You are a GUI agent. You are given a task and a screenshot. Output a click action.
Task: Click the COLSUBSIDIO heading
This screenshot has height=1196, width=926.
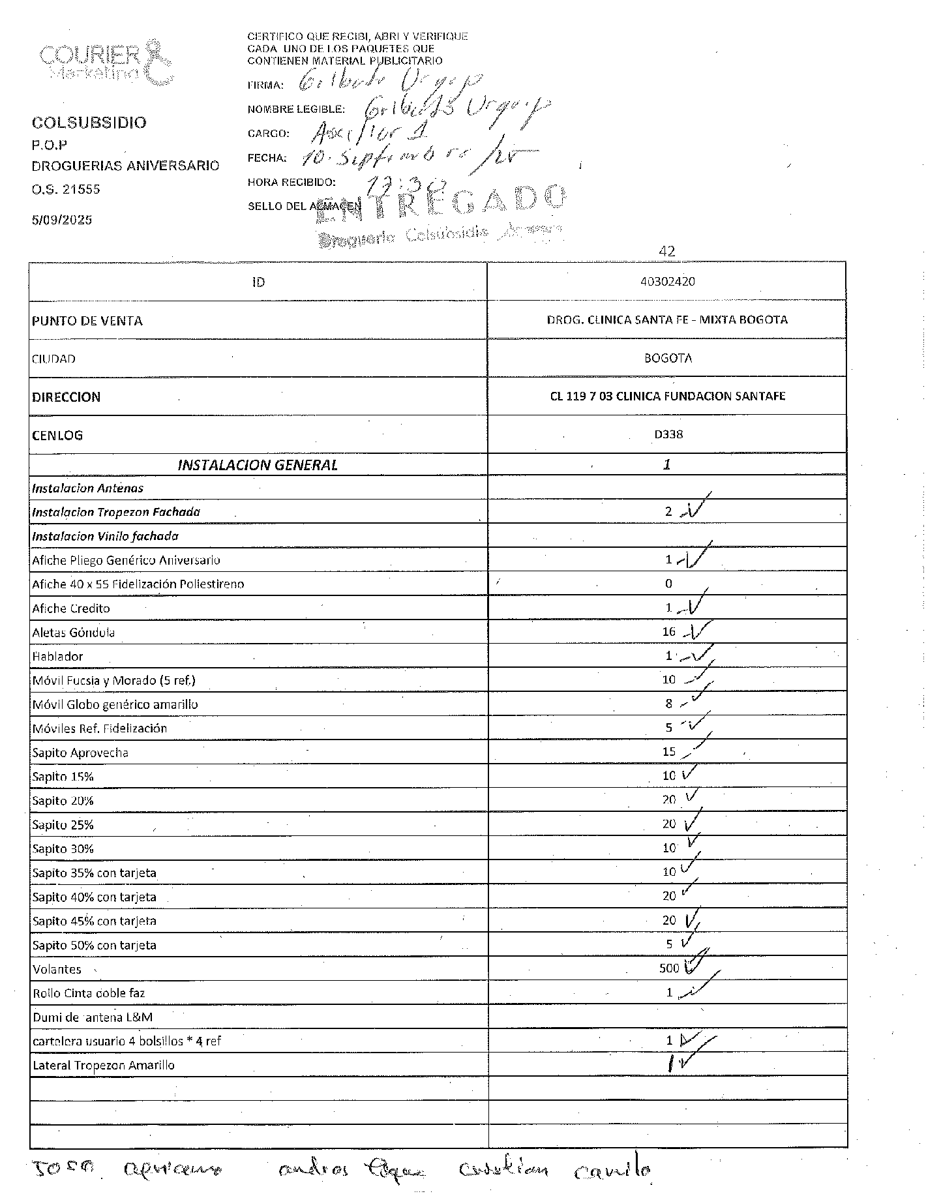89,123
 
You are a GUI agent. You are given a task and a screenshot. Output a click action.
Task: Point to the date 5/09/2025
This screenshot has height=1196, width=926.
62,220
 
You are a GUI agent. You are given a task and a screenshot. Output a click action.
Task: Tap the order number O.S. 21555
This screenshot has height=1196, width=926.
66,190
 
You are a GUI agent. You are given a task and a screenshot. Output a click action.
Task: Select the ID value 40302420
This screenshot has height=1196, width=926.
667,282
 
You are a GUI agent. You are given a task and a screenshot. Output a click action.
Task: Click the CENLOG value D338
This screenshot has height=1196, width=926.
668,434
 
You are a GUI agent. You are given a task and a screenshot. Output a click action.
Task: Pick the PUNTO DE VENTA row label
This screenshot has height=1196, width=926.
87,321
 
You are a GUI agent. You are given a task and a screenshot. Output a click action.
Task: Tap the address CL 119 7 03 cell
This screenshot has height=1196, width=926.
667,396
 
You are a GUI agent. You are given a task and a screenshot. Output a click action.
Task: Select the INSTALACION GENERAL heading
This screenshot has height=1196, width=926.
258,465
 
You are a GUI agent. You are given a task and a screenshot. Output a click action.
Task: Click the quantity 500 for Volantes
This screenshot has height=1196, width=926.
669,968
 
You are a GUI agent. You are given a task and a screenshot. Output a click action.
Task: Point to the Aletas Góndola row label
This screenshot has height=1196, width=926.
74,633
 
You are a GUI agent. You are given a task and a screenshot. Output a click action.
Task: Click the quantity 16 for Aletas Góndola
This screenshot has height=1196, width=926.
668,632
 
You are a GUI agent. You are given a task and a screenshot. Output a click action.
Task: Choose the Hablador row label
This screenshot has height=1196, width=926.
58,657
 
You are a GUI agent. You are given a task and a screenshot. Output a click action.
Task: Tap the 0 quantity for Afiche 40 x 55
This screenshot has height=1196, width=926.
668,584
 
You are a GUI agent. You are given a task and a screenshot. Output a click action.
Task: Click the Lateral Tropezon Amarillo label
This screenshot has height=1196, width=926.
104,1066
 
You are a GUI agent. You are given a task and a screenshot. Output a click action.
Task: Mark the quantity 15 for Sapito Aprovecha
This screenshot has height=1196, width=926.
669,752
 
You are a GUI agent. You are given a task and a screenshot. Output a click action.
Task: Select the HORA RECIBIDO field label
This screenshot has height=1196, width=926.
291,182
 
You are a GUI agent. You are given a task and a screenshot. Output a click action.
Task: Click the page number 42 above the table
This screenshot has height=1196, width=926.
667,251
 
